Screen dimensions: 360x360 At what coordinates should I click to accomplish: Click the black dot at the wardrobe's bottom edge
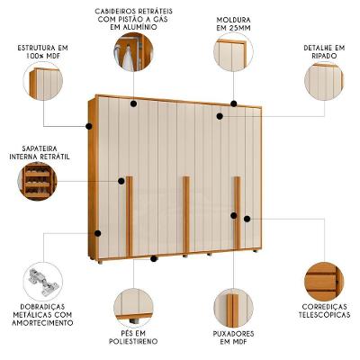click(x=154, y=258)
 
